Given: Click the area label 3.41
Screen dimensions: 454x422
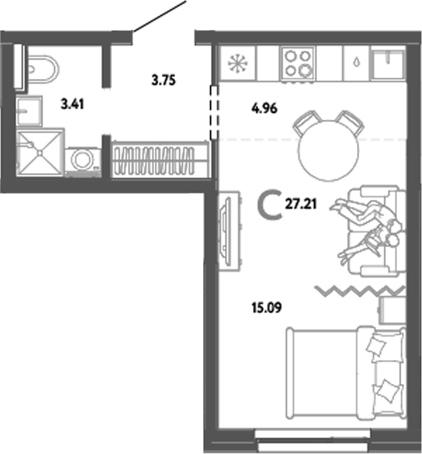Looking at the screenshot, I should pyautogui.click(x=70, y=105).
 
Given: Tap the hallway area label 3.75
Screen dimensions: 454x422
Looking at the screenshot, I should pyautogui.click(x=165, y=80).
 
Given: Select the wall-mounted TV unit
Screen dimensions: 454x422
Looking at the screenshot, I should pyautogui.click(x=227, y=228).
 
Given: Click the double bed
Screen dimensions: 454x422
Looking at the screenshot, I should pyautogui.click(x=345, y=374).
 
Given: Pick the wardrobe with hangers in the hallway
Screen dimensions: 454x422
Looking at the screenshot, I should pyautogui.click(x=160, y=158).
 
